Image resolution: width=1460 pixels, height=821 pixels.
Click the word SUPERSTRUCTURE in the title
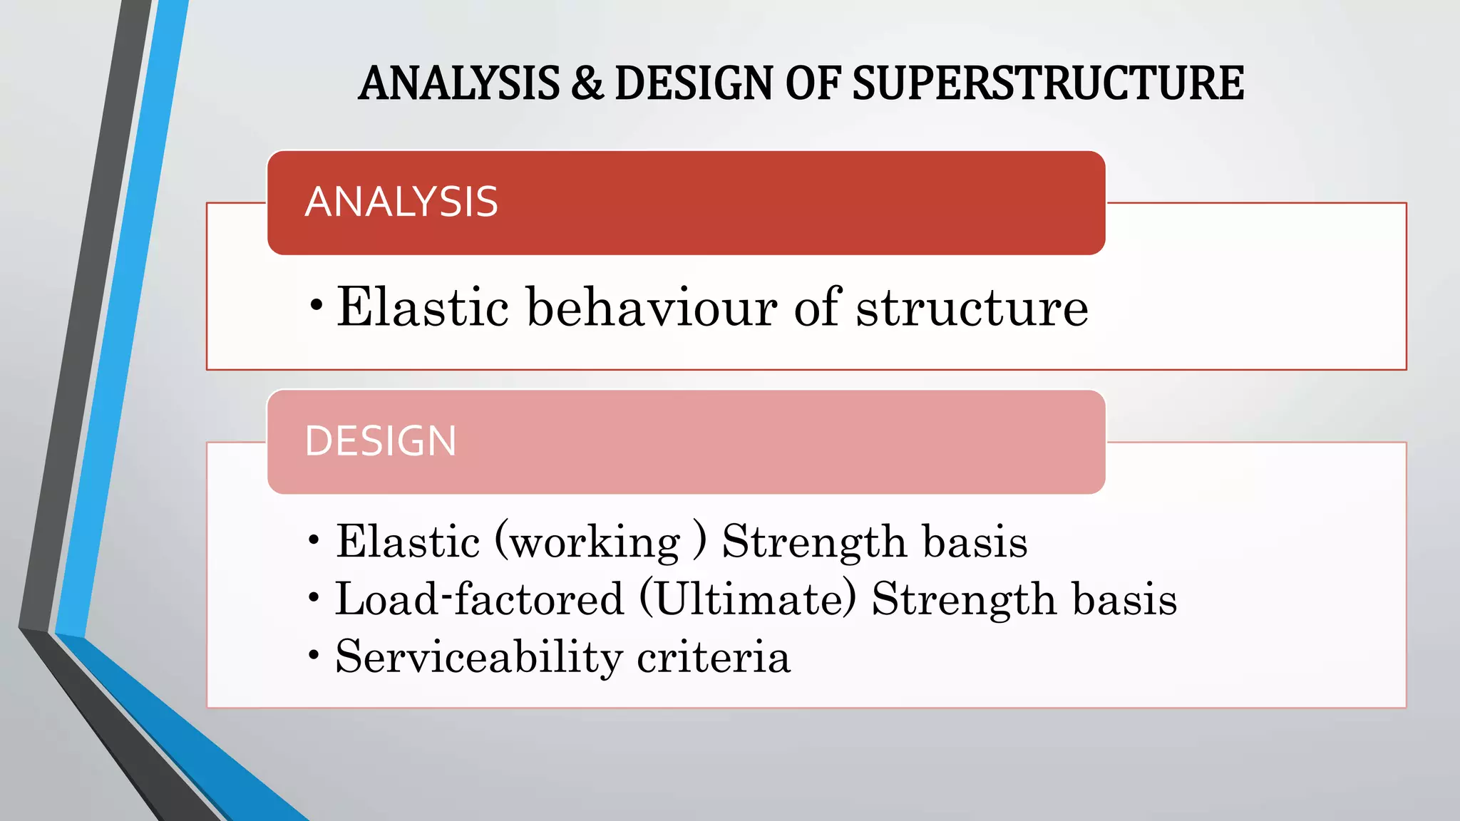coord(1048,83)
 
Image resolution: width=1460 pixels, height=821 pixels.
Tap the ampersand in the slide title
coord(586,83)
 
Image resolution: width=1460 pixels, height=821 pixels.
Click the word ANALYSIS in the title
coord(459,83)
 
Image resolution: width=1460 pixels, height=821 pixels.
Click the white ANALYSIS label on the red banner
coord(401,202)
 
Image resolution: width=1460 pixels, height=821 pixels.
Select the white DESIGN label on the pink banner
coord(380,441)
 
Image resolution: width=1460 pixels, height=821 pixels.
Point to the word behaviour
coord(652,307)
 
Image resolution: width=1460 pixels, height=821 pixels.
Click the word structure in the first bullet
coord(972,307)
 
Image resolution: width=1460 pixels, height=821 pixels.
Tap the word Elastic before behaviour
coord(423,307)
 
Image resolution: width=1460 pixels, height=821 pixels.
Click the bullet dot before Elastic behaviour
coord(317,306)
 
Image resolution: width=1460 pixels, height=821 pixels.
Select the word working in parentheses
coord(596,542)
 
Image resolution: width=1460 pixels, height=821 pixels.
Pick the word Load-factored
coord(479,599)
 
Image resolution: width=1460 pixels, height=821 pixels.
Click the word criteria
coord(713,657)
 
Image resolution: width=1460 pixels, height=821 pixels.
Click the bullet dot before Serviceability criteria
coord(314,654)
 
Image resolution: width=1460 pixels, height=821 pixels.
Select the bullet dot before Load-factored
coord(314,597)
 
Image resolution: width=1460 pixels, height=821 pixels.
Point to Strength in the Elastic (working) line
coord(814,542)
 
